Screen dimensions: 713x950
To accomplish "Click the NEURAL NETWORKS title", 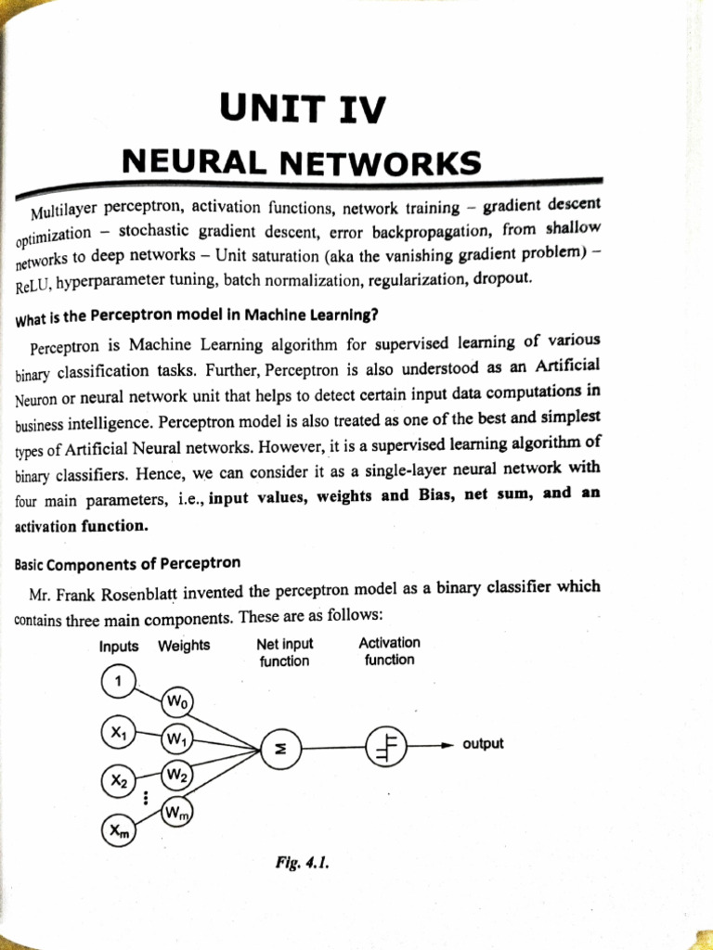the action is pyautogui.click(x=302, y=164).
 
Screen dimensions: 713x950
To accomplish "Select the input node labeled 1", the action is pyautogui.click(x=118, y=682).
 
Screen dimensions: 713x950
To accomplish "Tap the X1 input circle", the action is pyautogui.click(x=118, y=733).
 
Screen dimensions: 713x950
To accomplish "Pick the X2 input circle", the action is pyautogui.click(x=118, y=781).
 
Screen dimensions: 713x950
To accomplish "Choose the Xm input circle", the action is pyautogui.click(x=119, y=830).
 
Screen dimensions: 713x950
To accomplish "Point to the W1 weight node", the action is pyautogui.click(x=175, y=740).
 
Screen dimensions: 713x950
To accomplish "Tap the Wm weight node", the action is pyautogui.click(x=176, y=813).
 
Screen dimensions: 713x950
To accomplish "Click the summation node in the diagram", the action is pyautogui.click(x=281, y=746).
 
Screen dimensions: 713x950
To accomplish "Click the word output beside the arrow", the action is pyautogui.click(x=483, y=744).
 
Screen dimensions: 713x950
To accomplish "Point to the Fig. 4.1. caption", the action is pyautogui.click(x=303, y=861).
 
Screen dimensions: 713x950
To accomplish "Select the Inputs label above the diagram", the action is pyautogui.click(x=119, y=646).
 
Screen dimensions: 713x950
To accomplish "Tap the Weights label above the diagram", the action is pyautogui.click(x=184, y=646).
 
